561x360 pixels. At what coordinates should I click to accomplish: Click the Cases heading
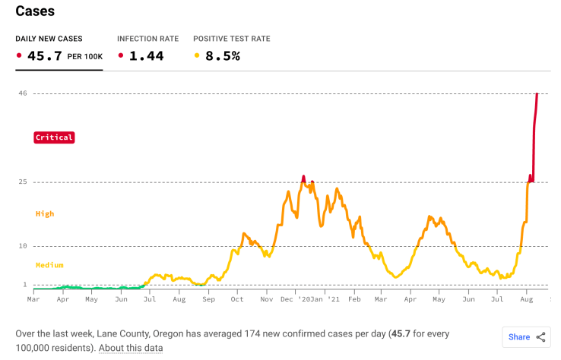35,12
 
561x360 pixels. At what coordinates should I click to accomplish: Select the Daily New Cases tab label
49,39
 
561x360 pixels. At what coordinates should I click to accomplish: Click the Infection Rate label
147,39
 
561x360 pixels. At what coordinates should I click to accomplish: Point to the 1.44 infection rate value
146,55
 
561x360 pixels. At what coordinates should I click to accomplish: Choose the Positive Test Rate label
231,39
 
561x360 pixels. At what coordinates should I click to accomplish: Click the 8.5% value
223,55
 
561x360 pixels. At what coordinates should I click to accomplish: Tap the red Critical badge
53,137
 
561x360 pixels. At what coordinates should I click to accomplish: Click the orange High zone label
45,214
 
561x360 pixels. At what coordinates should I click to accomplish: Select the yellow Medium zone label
49,265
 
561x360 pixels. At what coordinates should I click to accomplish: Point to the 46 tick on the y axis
23,93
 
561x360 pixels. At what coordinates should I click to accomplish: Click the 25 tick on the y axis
23,182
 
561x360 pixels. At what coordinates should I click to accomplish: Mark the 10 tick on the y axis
23,246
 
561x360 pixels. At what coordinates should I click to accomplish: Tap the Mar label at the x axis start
33,300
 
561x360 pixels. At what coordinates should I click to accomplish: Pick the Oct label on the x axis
237,300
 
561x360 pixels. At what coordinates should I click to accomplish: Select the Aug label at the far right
526,300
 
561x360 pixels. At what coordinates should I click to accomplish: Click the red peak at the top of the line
537,93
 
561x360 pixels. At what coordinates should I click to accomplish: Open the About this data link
131,348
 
